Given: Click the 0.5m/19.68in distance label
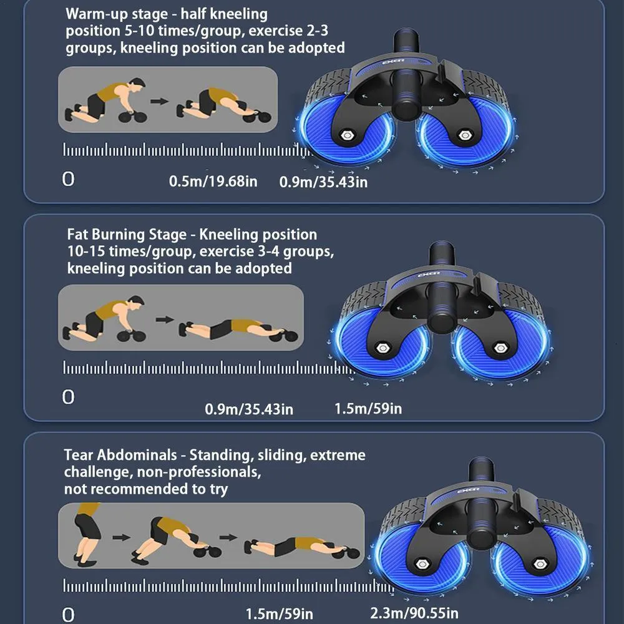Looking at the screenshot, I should [x=213, y=182].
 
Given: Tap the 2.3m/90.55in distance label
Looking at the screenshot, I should [x=414, y=613].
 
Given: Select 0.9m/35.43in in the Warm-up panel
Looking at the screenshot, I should [x=323, y=182].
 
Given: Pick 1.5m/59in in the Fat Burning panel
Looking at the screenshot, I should [x=368, y=409].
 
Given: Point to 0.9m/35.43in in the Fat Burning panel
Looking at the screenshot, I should [x=249, y=409].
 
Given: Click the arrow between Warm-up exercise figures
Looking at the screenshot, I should [x=160, y=100].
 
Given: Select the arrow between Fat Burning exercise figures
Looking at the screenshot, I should [x=164, y=319].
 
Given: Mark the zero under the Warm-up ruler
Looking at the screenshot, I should [x=68, y=179].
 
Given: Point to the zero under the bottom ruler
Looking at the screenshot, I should [x=69, y=614].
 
